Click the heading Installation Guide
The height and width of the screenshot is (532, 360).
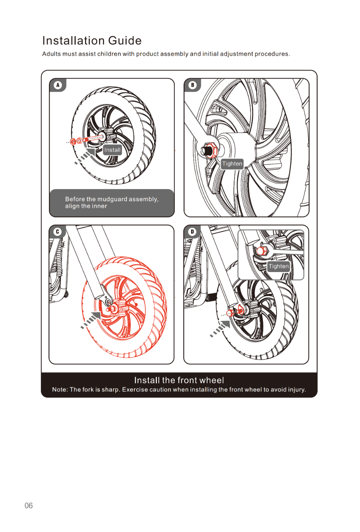point(92,41)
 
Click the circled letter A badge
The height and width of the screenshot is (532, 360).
point(58,85)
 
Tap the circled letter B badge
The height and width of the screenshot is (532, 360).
point(193,85)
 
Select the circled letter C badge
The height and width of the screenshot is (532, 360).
point(57,232)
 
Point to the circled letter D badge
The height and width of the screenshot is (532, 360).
point(192,232)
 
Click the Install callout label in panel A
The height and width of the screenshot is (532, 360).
point(112,150)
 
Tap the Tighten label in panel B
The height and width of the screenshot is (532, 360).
point(232,164)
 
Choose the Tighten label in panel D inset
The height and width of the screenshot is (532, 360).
point(278,266)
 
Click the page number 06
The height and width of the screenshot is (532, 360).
point(29,506)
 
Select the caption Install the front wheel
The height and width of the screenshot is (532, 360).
point(179,380)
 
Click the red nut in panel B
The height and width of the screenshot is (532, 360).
point(210,150)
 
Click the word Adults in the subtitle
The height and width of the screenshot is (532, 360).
point(51,54)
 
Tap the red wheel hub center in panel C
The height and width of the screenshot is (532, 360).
point(114,308)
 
